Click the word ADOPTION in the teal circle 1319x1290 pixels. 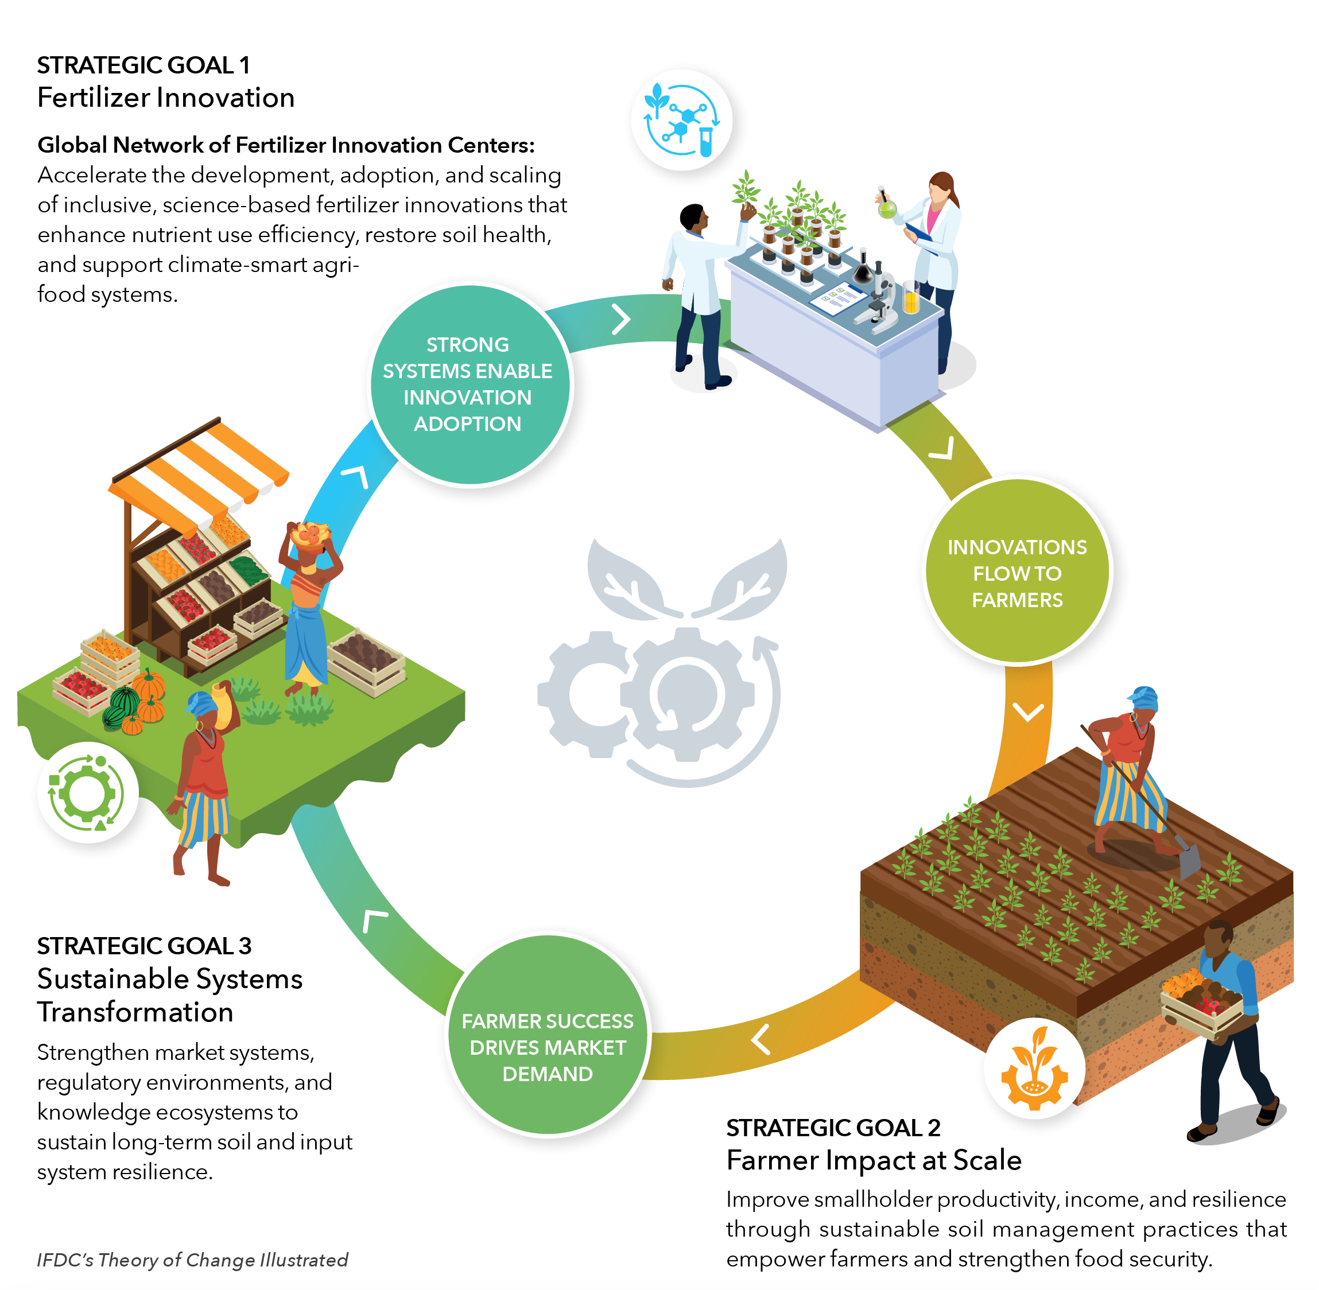467,423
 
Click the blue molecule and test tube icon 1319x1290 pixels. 681,119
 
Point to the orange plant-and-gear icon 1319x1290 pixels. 1034,1068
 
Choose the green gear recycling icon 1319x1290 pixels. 87,792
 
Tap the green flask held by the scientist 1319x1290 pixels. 887,209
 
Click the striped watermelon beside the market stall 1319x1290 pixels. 123,701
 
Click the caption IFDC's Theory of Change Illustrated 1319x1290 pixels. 192,1260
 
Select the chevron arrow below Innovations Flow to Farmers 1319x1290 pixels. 1028,712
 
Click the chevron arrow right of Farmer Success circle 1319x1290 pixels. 761,1039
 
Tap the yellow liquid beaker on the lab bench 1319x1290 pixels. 910,298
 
